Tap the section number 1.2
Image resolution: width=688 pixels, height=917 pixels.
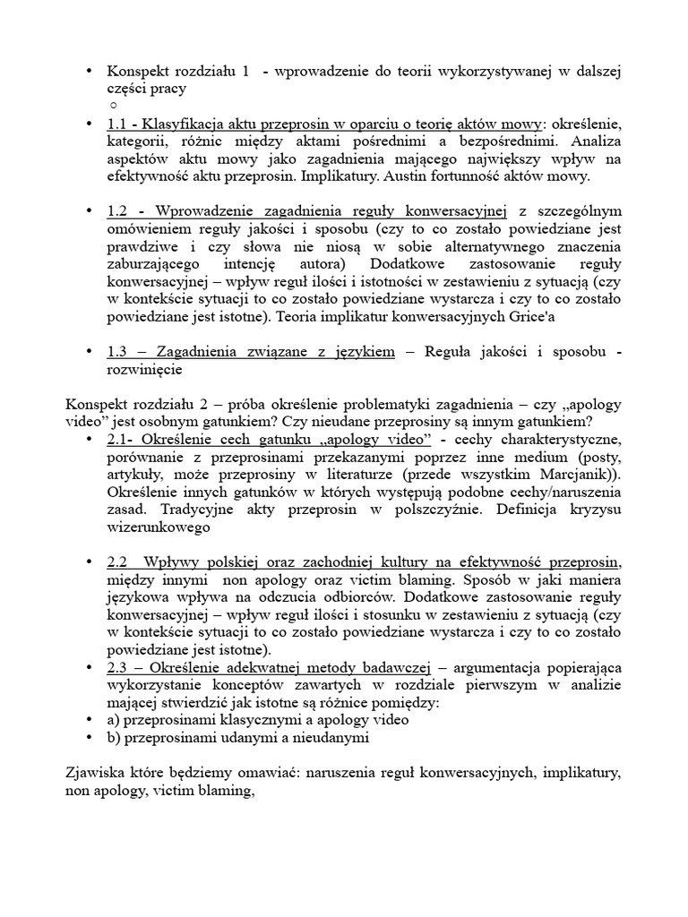[116, 210]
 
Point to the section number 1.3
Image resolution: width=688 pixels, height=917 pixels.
[116, 352]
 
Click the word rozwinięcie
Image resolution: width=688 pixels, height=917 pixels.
[144, 369]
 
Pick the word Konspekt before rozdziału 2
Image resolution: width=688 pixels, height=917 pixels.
[99, 404]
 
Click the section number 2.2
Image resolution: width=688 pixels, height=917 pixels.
[116, 562]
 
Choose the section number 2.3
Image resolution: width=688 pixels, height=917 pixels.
[116, 668]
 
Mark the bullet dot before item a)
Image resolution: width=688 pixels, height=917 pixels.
[88, 721]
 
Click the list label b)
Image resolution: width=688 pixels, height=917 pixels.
[113, 739]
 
